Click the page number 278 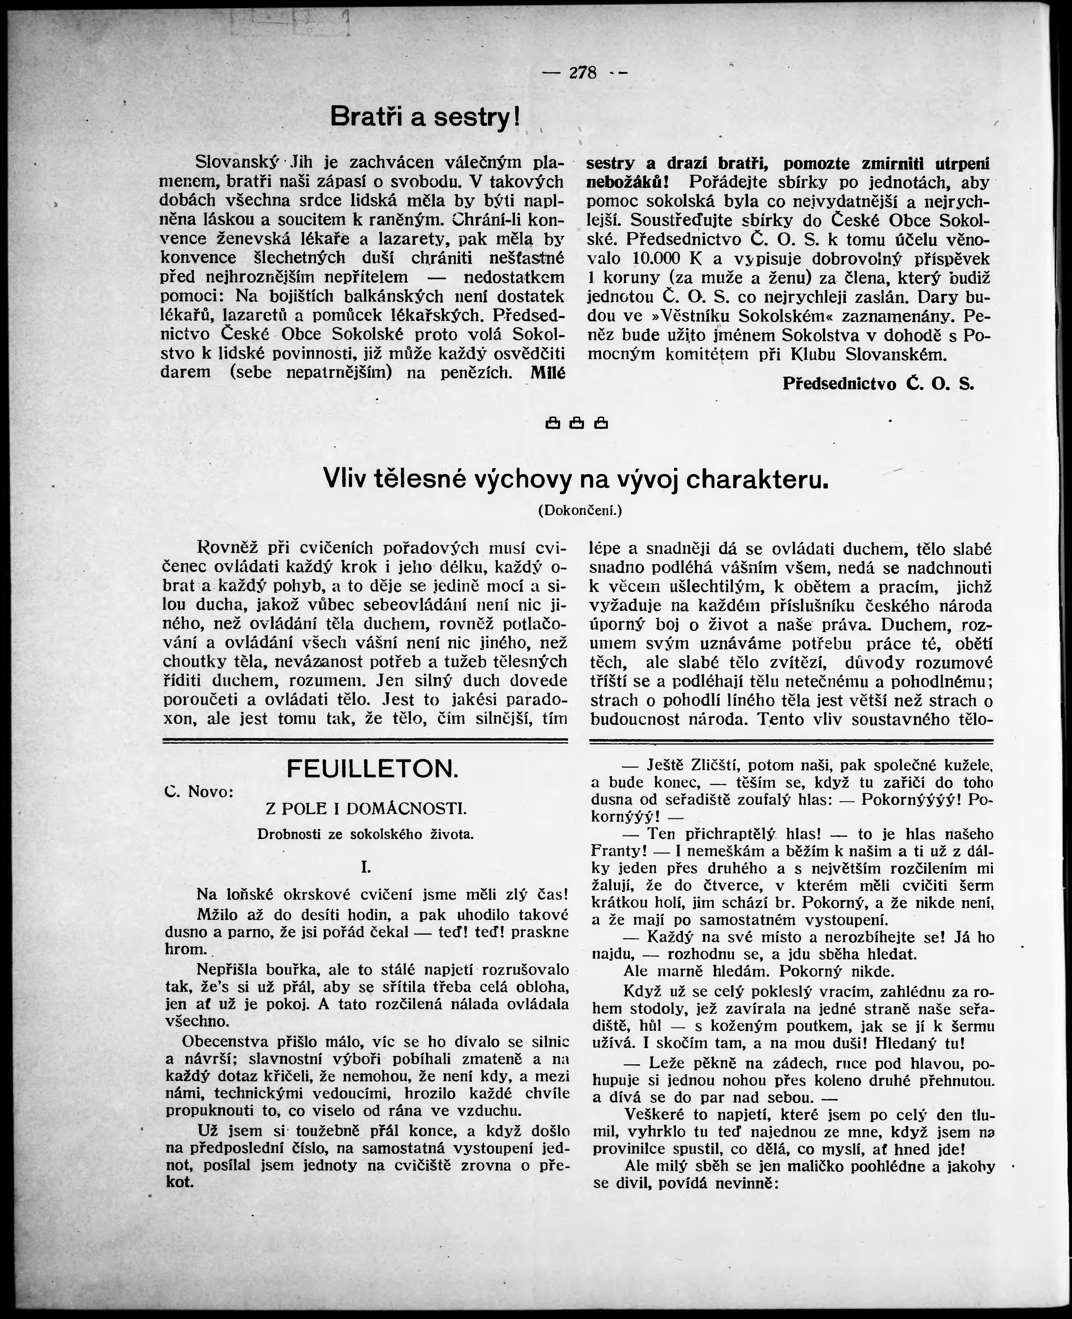pyautogui.click(x=583, y=73)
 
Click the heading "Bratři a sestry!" pyautogui.click(x=425, y=116)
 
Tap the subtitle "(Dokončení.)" pyautogui.click(x=580, y=510)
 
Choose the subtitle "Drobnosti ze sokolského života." pyautogui.click(x=366, y=834)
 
